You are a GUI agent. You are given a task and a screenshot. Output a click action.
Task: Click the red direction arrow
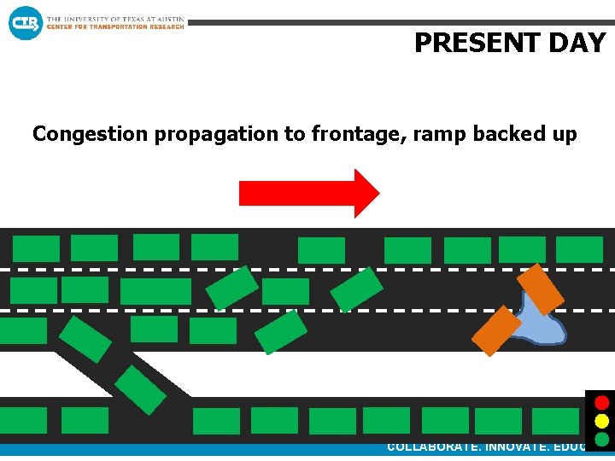coord(307,194)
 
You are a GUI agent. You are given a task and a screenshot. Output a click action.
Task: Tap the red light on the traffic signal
coord(602,402)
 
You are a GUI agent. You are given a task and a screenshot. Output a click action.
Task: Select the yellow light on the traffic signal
coord(602,421)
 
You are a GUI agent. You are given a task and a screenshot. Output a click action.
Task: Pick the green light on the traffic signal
coord(602,440)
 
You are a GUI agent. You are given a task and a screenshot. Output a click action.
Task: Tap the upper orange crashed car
coord(541,288)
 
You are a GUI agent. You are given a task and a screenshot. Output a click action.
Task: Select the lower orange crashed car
coord(496,330)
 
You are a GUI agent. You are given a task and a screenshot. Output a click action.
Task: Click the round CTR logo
coord(25,23)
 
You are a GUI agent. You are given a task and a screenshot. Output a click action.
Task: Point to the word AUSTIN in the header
coord(167,19)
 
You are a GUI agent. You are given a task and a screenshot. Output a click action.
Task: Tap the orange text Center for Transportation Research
coord(114,26)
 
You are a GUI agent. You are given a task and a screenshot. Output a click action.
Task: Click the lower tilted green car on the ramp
coord(140,390)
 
